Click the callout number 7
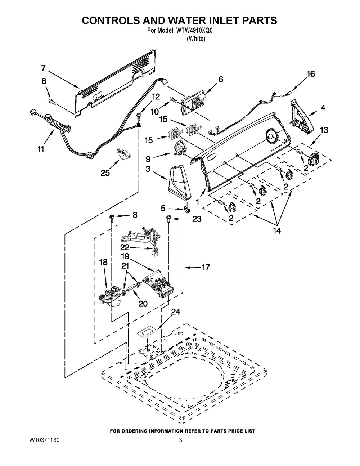coord(43,68)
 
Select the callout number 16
coord(310,74)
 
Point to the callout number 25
coord(105,173)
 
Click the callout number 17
coord(206,268)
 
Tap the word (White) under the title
coord(196,39)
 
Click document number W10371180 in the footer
coord(44,440)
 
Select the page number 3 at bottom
coord(180,440)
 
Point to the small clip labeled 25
coord(123,153)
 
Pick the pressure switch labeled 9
coord(179,148)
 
